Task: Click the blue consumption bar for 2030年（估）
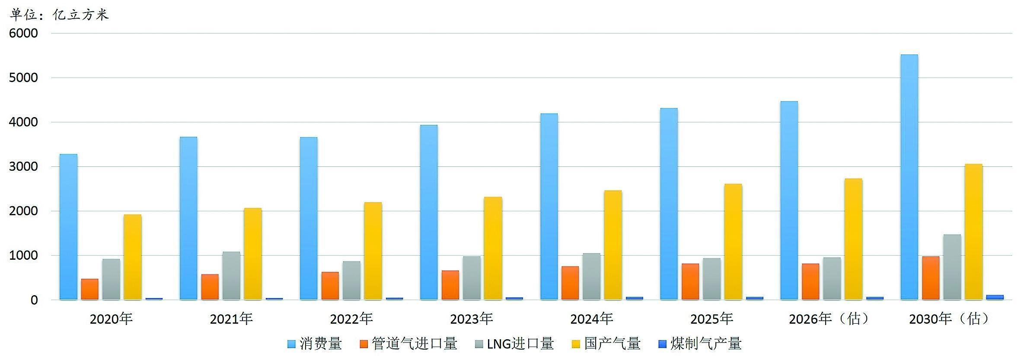pyautogui.click(x=909, y=177)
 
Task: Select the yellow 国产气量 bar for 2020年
pyautogui.click(x=132, y=257)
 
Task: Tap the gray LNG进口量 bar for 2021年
pyautogui.click(x=231, y=276)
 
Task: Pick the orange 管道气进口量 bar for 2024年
pyautogui.click(x=570, y=283)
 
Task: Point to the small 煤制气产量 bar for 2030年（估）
pyautogui.click(x=995, y=297)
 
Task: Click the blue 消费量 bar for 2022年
pyautogui.click(x=309, y=218)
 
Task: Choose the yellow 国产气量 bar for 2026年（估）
pyautogui.click(x=853, y=239)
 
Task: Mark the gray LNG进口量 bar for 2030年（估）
pyautogui.click(x=952, y=267)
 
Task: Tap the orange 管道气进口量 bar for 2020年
pyautogui.click(x=89, y=289)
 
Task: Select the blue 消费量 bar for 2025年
pyautogui.click(x=669, y=204)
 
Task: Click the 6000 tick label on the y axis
pyautogui.click(x=23, y=33)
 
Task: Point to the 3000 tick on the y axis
pyautogui.click(x=23, y=167)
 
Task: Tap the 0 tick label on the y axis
pyautogui.click(x=34, y=300)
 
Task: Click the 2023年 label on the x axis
pyautogui.click(x=472, y=319)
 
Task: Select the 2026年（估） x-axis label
pyautogui.click(x=829, y=319)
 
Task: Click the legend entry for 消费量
pyautogui.click(x=315, y=344)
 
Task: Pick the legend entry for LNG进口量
pyautogui.click(x=514, y=344)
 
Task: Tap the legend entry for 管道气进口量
pyautogui.click(x=408, y=344)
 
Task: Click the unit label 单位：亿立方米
pyautogui.click(x=59, y=15)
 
